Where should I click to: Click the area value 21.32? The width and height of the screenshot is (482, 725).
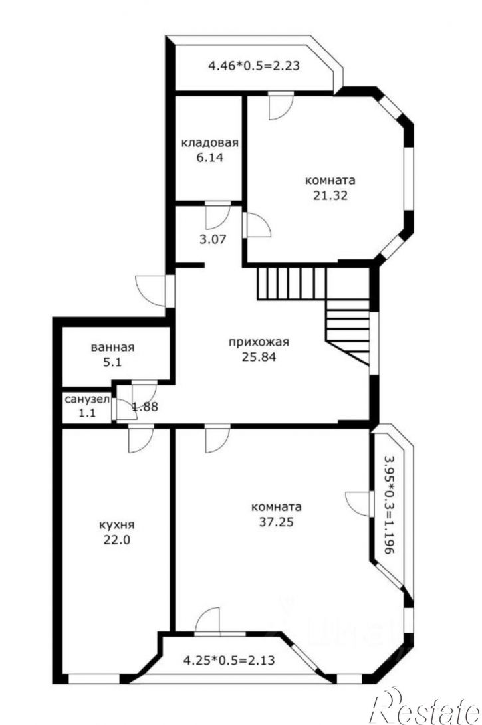pyautogui.click(x=330, y=195)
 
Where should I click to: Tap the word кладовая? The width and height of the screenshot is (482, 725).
pyautogui.click(x=209, y=142)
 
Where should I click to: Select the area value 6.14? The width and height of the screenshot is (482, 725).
pyautogui.click(x=210, y=157)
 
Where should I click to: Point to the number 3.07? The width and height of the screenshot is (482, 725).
pyautogui.click(x=212, y=239)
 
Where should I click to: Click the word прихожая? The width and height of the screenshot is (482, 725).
pyautogui.click(x=259, y=342)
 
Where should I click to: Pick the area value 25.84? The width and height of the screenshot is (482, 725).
pyautogui.click(x=259, y=357)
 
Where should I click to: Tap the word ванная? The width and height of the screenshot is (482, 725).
pyautogui.click(x=112, y=348)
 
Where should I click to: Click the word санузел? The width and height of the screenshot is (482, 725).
pyautogui.click(x=87, y=399)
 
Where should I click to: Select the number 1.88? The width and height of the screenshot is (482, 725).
pyautogui.click(x=145, y=407)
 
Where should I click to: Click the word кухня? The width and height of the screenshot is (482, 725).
pyautogui.click(x=117, y=525)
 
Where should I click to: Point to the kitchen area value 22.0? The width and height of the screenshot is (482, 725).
pyautogui.click(x=117, y=540)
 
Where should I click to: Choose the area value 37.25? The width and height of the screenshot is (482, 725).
pyautogui.click(x=276, y=522)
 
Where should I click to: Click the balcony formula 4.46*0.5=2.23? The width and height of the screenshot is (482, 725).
pyautogui.click(x=254, y=66)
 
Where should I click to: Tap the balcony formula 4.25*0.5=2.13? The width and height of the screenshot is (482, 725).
pyautogui.click(x=229, y=660)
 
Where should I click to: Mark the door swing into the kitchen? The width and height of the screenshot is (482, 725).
pyautogui.click(x=140, y=439)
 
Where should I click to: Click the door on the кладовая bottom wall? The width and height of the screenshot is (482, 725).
pyautogui.click(x=218, y=215)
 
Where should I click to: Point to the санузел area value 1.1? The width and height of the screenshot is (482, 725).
pyautogui.click(x=87, y=413)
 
